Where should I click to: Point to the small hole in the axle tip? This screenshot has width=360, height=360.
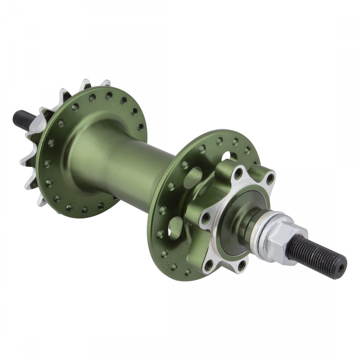[x=341, y=266]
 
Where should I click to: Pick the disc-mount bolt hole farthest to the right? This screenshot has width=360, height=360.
[x=270, y=180]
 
